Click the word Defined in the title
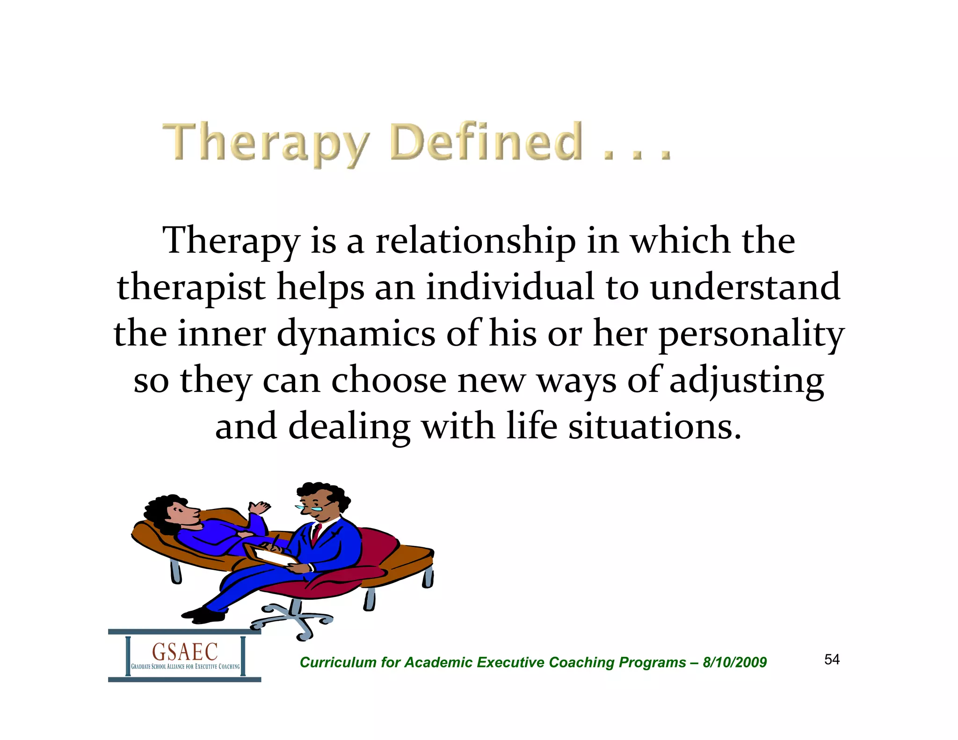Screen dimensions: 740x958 pos(486,141)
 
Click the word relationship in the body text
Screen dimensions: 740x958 pos(475,241)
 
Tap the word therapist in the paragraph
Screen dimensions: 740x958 pos(191,288)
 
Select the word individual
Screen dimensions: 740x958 pos(510,287)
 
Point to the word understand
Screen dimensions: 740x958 pos(745,287)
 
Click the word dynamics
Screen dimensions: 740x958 pos(356,334)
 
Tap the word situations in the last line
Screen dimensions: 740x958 pos(655,427)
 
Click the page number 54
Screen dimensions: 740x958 pos(832,660)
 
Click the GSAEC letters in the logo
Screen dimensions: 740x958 pos(185,651)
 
